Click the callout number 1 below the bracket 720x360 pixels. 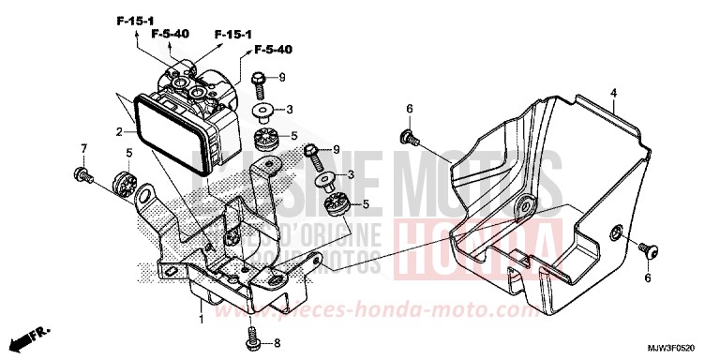(x=200, y=320)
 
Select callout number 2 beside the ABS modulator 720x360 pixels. (x=119, y=132)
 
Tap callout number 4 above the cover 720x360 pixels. (x=612, y=93)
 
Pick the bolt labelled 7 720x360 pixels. (x=82, y=173)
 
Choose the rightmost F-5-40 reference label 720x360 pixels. (x=273, y=49)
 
